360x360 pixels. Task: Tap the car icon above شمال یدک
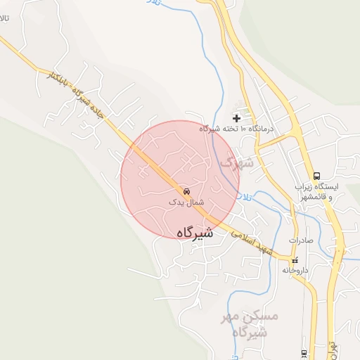(x=186, y=191)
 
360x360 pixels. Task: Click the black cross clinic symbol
(x=236, y=117)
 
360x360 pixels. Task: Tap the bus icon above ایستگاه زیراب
(x=316, y=176)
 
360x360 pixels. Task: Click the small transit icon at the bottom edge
(x=304, y=353)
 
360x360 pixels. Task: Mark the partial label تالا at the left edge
(x=5, y=22)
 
